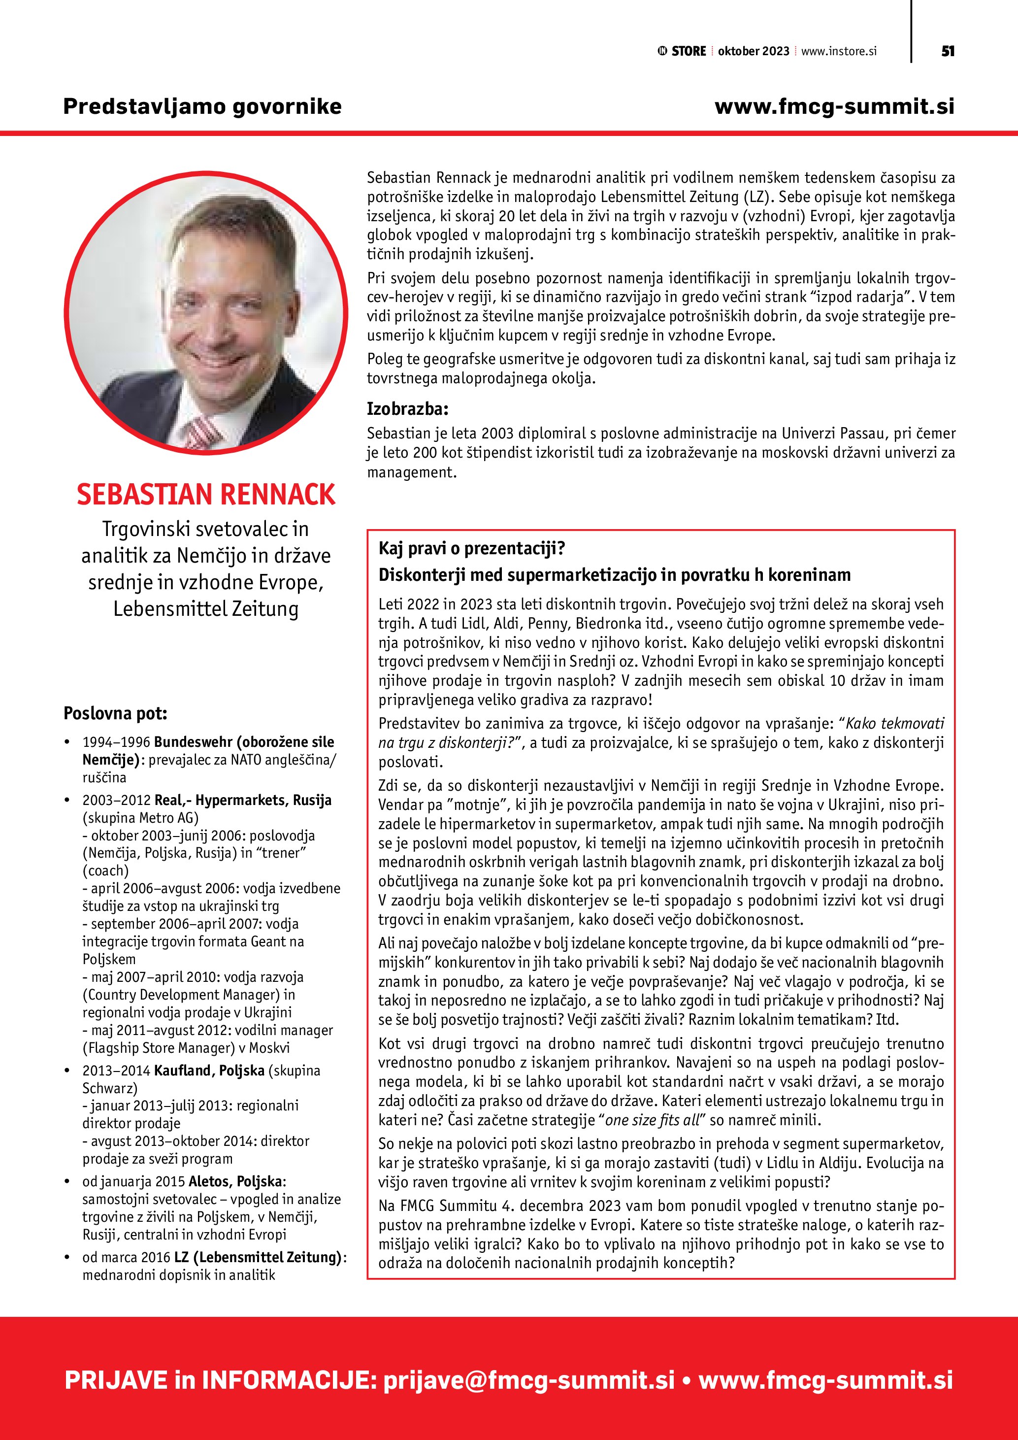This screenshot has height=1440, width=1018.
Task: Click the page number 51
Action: click(x=948, y=51)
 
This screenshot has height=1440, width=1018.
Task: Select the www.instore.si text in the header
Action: click(x=839, y=51)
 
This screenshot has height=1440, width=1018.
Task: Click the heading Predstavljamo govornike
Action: click(x=202, y=106)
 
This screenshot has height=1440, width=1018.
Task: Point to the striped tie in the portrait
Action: click(x=202, y=432)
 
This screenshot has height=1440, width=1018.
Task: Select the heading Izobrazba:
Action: click(x=407, y=409)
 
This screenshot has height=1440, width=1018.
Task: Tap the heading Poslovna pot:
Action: click(x=115, y=713)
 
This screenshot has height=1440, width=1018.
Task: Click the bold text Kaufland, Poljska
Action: click(x=209, y=1070)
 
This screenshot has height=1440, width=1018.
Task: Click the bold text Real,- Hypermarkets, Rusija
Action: click(x=243, y=800)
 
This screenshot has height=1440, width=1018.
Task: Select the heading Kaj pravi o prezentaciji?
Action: click(x=471, y=549)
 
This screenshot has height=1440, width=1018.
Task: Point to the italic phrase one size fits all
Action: click(x=652, y=1119)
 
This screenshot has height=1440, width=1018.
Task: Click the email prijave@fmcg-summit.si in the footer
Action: click(x=529, y=1380)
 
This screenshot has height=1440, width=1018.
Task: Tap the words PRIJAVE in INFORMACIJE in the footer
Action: click(x=219, y=1380)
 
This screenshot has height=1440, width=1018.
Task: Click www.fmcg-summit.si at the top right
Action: click(x=834, y=106)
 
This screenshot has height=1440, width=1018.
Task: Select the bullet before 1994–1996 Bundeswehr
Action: click(x=67, y=742)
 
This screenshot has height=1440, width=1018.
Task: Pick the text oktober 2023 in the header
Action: click(x=754, y=51)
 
